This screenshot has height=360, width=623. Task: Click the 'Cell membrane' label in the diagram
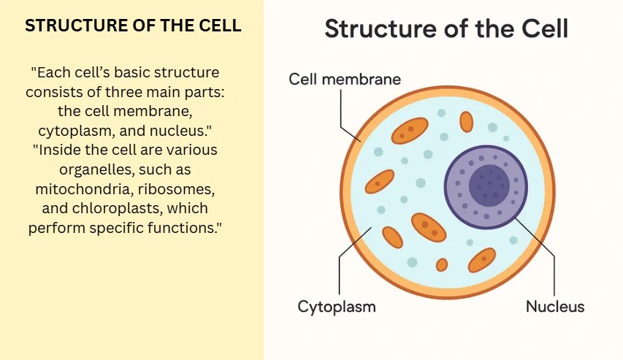pos(345,79)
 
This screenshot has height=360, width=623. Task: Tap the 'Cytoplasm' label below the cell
pos(336,307)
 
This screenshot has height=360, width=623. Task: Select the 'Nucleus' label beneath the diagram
pos(555,307)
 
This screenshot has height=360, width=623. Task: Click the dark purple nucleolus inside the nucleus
pos(489,185)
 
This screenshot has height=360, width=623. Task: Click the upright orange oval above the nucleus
pos(466,121)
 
